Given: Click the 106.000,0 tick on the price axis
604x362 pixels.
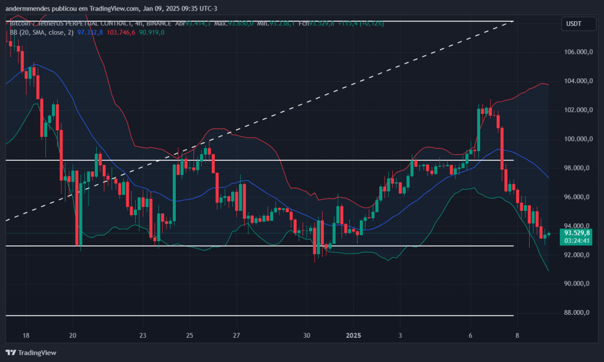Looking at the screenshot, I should pos(577,52).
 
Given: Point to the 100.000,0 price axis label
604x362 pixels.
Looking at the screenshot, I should pos(577,139).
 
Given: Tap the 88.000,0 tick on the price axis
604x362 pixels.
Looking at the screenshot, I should pos(577,313).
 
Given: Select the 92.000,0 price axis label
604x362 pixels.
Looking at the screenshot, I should pos(577,255).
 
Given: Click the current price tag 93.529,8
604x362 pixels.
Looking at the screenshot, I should pos(577,233).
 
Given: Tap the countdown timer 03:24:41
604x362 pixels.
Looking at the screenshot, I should pos(577,241).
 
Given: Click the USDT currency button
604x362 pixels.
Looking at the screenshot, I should pos(574,24).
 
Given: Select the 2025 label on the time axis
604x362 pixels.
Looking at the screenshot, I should pos(353,335).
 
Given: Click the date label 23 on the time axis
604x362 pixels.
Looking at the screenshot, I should pos(143,335).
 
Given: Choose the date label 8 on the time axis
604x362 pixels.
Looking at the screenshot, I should pos(517,335).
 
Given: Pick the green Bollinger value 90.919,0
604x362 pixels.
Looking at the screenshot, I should pos(152,32).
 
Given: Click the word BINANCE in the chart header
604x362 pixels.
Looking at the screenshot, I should pos(155,24).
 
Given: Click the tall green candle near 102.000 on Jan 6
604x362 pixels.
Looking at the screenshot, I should pos(479,130).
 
